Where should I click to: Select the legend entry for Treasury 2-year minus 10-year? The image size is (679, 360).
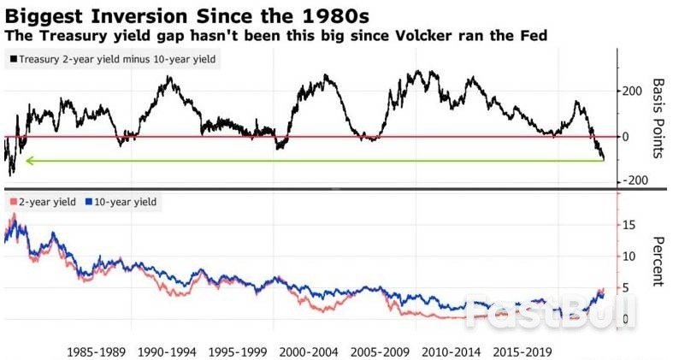pos(115,59)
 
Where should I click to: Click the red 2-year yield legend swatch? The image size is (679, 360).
pos(10,202)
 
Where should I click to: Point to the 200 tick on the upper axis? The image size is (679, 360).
pos(632,91)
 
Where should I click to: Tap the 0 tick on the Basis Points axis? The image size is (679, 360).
pos(626,136)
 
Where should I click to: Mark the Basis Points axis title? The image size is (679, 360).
pos(658,117)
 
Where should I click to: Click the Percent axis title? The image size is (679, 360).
pos(658,261)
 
